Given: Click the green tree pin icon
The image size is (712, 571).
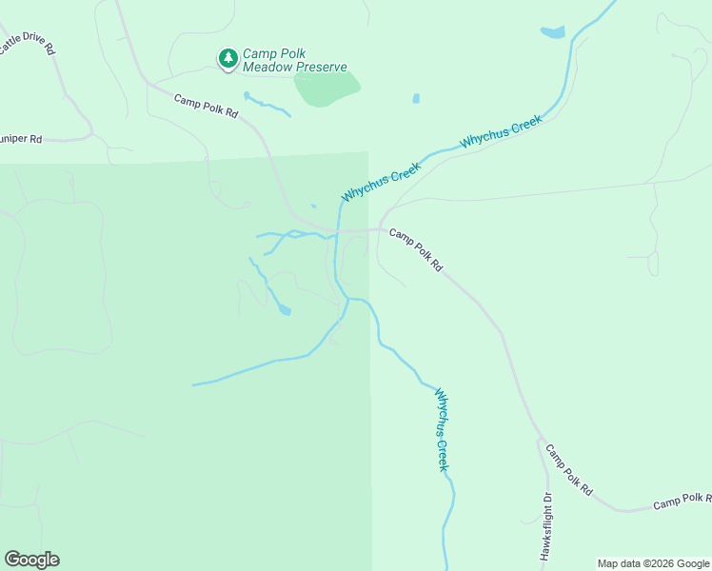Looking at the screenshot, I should pyautogui.click(x=227, y=59).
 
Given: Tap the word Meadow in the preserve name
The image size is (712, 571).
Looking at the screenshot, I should pyautogui.click(x=269, y=68).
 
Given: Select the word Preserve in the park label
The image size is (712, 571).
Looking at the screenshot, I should pyautogui.click(x=321, y=68).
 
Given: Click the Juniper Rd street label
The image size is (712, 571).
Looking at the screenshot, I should pyautogui.click(x=21, y=139).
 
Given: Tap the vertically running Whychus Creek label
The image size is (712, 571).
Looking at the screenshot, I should pyautogui.click(x=442, y=429).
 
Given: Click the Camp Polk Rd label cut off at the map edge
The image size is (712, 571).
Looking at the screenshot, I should pyautogui.click(x=682, y=501).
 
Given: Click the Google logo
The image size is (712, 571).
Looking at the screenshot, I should pyautogui.click(x=31, y=559).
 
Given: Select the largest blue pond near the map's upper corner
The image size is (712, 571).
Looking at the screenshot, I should pyautogui.click(x=552, y=33).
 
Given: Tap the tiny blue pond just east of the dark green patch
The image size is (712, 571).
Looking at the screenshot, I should pyautogui.click(x=416, y=98).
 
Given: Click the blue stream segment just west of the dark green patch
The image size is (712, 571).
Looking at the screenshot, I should pyautogui.click(x=267, y=104).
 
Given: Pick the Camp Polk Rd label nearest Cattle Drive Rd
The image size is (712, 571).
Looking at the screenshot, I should pyautogui.click(x=205, y=105).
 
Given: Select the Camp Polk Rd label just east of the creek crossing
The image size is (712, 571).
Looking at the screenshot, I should pyautogui.click(x=416, y=249).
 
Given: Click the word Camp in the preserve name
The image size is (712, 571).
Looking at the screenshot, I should pyautogui.click(x=259, y=54).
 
